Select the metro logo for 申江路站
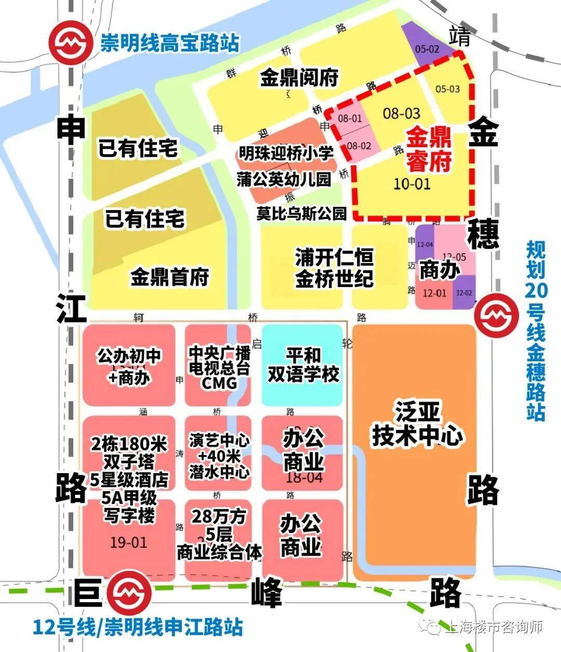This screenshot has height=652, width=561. pos(130,591)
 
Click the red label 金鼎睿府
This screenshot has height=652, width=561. pos(429,150)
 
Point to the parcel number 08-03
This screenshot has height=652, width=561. pos(401,113)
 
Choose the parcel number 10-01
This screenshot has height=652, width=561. pos(412,184)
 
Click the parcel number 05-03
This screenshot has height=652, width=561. pos(447,89)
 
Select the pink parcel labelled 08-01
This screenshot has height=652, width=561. pos(350,119)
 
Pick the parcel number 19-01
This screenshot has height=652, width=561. pos(129,542)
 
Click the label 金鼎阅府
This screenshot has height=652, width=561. pos(299,78)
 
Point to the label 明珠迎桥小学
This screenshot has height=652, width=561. pos(286,153)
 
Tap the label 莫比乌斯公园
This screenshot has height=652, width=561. pos(301,213)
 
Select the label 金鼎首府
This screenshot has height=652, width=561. pos(169,276)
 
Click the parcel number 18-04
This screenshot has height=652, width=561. pos(303,477)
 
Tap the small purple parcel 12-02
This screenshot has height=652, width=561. pos(464,293)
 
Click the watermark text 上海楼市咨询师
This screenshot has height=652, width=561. pos(494,627)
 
